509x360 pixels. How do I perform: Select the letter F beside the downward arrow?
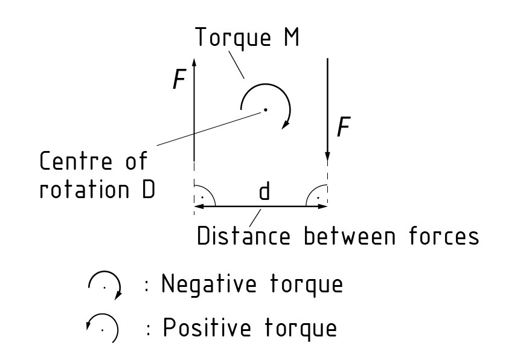(x=342, y=127)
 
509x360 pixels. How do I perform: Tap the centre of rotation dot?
(x=264, y=110)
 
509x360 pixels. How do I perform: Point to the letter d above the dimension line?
(x=264, y=193)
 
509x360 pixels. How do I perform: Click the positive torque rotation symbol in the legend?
(x=105, y=329)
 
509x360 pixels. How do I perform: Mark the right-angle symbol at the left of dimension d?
(x=201, y=197)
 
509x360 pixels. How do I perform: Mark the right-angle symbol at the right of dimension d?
(x=319, y=197)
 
